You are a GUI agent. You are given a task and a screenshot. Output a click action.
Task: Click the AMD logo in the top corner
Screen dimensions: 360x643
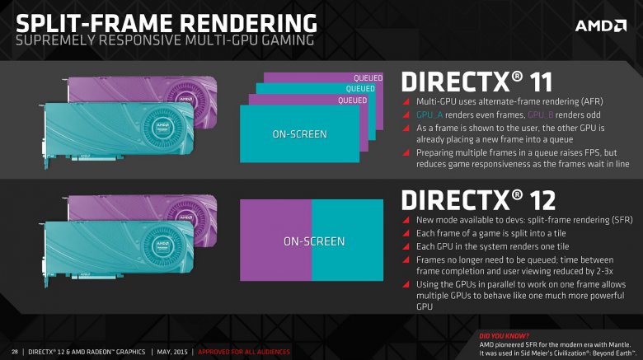coord(599,26)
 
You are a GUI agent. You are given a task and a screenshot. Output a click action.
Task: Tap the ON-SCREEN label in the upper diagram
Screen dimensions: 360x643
coord(299,133)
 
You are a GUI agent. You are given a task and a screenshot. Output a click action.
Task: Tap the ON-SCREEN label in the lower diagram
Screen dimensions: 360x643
coord(313,241)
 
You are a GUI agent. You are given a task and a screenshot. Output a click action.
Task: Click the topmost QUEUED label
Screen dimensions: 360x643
coord(368,78)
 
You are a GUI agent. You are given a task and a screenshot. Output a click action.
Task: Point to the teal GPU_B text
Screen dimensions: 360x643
coord(543,115)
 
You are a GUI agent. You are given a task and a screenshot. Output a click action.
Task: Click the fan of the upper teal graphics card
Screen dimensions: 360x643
coord(163,125)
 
